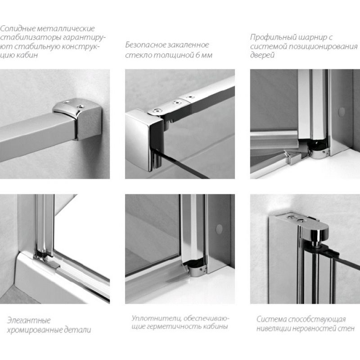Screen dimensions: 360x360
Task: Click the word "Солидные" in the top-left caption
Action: pos(18,28)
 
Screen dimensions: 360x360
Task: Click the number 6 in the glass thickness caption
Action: pos(198,55)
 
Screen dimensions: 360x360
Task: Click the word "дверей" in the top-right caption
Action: pos(262,55)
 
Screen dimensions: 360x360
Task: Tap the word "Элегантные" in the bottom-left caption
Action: pos(29,320)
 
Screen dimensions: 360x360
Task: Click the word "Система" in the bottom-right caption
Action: pos(271,319)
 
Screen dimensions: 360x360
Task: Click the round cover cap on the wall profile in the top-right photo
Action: pos(342,111)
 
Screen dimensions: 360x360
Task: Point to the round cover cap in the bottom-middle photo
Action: pos(219,229)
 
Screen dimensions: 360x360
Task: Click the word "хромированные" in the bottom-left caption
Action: pos(35,330)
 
